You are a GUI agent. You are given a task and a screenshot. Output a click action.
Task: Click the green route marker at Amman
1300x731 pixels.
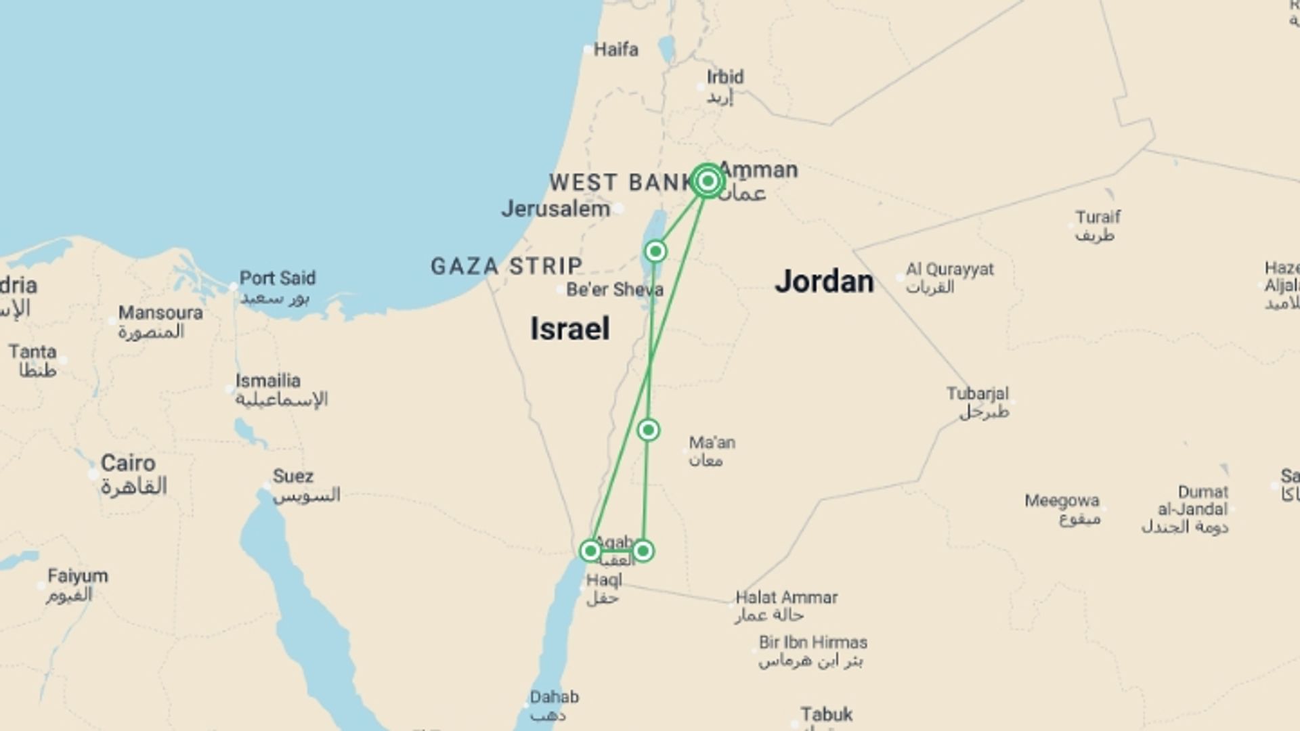click(x=708, y=181)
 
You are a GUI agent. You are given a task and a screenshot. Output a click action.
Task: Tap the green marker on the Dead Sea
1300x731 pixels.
click(x=655, y=252)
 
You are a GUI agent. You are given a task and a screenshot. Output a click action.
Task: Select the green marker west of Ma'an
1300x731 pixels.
click(x=649, y=430)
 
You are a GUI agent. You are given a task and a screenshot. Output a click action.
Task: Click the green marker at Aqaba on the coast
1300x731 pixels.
click(x=590, y=550)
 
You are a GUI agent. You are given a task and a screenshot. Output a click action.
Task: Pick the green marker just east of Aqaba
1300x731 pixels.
click(x=643, y=551)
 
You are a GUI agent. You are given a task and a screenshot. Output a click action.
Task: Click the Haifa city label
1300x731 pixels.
click(x=615, y=49)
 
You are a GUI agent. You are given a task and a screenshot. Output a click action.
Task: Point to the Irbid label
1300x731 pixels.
click(x=724, y=77)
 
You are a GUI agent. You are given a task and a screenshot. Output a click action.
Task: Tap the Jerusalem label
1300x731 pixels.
click(x=556, y=208)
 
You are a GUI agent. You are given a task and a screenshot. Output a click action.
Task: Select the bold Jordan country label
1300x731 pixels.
click(x=824, y=282)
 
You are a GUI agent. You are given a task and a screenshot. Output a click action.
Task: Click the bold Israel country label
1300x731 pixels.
click(x=569, y=329)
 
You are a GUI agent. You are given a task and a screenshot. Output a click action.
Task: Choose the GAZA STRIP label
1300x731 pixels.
click(x=506, y=266)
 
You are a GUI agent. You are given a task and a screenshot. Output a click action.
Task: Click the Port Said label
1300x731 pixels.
click(x=277, y=278)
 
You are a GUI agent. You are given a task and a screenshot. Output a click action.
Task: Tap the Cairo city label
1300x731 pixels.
click(x=128, y=464)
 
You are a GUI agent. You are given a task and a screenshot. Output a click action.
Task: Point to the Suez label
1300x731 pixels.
click(x=292, y=477)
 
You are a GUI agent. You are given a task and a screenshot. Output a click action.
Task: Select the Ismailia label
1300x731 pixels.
click(x=267, y=381)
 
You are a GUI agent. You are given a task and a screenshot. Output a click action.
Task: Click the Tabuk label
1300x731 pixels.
click(x=826, y=715)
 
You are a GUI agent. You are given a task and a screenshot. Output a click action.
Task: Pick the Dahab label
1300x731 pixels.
click(x=554, y=697)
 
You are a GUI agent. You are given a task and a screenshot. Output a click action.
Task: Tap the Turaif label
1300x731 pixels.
click(x=1098, y=217)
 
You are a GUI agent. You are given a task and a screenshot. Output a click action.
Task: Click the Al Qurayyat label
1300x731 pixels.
click(x=949, y=269)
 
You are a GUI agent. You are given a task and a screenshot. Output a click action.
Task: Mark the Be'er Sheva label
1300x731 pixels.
click(x=614, y=290)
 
